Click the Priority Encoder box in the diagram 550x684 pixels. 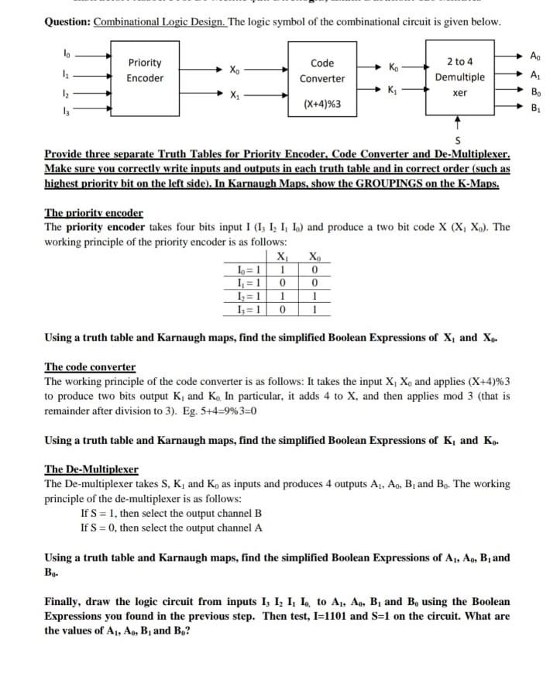pyautogui.click(x=145, y=71)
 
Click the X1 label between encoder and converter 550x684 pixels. pyautogui.click(x=234, y=96)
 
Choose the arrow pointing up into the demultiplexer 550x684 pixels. pyautogui.click(x=459, y=122)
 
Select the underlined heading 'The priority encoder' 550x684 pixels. pyautogui.click(x=94, y=212)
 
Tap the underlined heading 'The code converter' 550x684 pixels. pyautogui.click(x=90, y=366)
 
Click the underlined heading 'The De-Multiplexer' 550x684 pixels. pyautogui.click(x=91, y=469)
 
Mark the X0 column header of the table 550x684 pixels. pyautogui.click(x=313, y=258)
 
